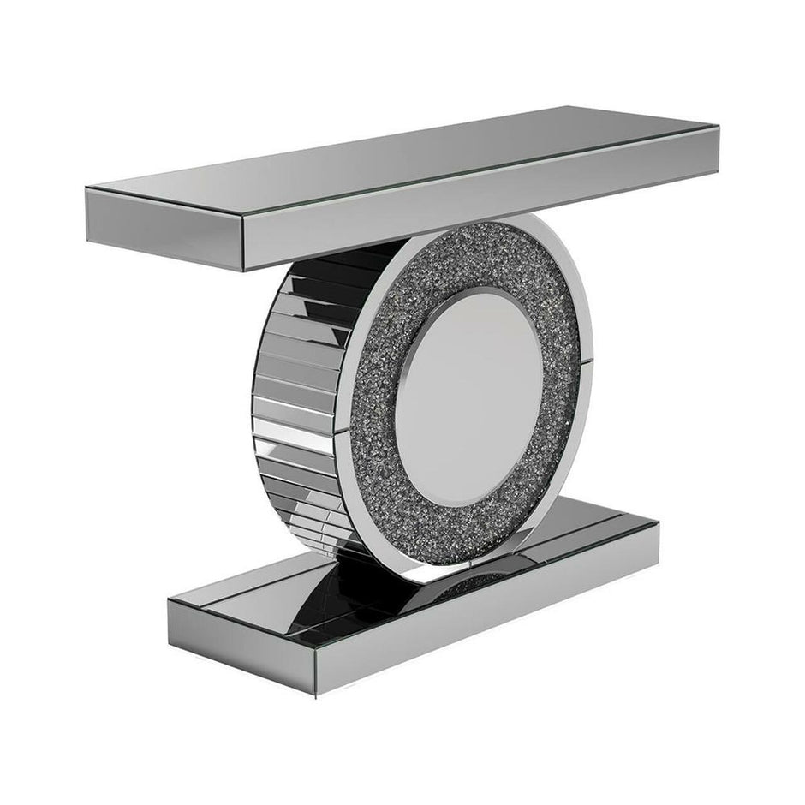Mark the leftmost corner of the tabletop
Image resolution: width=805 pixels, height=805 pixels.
coord(86,190)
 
